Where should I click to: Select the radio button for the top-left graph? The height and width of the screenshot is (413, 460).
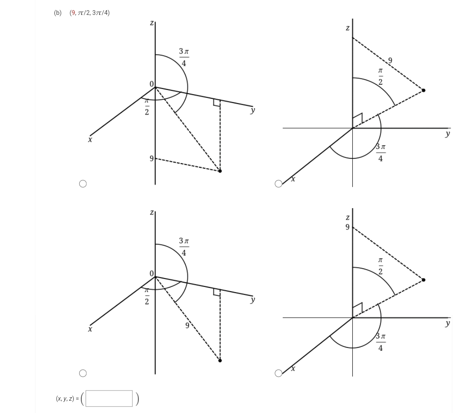tap(83, 184)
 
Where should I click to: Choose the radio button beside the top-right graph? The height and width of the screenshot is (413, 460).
tap(279, 184)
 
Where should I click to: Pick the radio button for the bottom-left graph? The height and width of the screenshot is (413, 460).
tap(83, 373)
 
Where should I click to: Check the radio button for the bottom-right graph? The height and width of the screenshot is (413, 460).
tap(279, 373)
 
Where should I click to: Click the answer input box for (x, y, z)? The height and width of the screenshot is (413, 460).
tap(109, 399)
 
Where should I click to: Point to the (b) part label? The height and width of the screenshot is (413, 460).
tap(57, 13)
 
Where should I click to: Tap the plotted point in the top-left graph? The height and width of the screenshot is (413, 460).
tap(220, 171)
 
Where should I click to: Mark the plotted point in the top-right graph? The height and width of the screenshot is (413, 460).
tap(423, 90)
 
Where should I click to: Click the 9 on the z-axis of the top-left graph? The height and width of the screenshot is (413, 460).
tap(151, 159)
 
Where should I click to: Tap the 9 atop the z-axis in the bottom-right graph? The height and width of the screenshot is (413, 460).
tap(347, 227)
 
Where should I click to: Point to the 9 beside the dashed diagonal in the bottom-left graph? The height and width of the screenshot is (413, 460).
tap(187, 326)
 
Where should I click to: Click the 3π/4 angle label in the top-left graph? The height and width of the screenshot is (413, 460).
tap(184, 57)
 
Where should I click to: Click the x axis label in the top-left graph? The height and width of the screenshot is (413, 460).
tap(90, 140)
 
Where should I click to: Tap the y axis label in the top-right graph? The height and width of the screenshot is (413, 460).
tap(447, 134)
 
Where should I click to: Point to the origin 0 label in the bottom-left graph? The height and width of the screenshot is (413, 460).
tap(151, 272)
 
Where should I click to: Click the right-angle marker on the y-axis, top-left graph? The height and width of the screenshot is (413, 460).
tap(217, 103)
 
